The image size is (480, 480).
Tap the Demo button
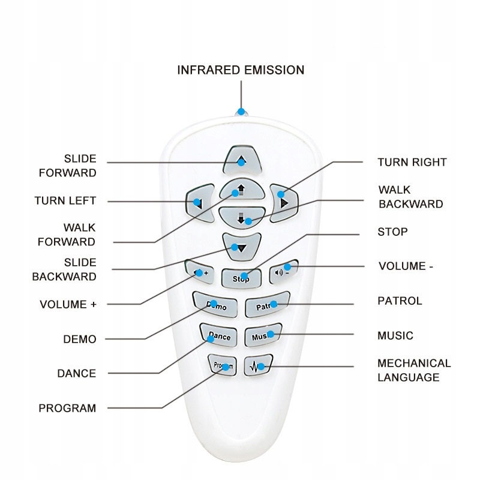pyautogui.click(x=211, y=304)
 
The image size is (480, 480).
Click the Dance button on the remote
pyautogui.click(x=218, y=335)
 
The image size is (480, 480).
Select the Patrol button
pyautogui.click(x=268, y=305)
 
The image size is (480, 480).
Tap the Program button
pyautogui.click(x=223, y=364)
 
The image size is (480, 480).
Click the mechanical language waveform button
pyautogui.click(x=259, y=365)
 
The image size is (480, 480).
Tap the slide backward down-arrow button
pyautogui.click(x=241, y=245)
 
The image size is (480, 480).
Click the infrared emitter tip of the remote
pyautogui.click(x=241, y=112)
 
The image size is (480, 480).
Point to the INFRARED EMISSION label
pyautogui.click(x=241, y=70)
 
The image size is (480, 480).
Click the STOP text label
pyautogui.click(x=392, y=232)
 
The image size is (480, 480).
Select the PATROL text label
pyautogui.click(x=400, y=301)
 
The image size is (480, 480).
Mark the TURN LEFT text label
pyautogui.click(x=65, y=200)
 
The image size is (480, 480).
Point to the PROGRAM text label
pyautogui.click(x=67, y=408)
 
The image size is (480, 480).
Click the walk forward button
pyautogui.click(x=241, y=190)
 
